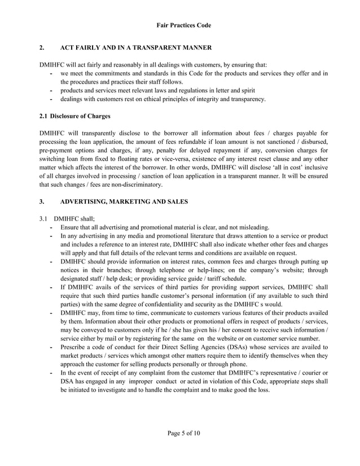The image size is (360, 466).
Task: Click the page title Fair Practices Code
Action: tap(180, 25)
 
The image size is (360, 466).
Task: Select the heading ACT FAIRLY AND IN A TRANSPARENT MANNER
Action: tap(135, 47)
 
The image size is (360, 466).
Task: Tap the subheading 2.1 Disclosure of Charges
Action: tap(74, 116)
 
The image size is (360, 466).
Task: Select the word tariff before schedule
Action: tap(213, 279)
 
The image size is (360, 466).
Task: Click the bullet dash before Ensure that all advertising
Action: tap(51, 227)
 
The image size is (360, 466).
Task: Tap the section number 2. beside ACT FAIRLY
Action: tap(42, 47)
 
